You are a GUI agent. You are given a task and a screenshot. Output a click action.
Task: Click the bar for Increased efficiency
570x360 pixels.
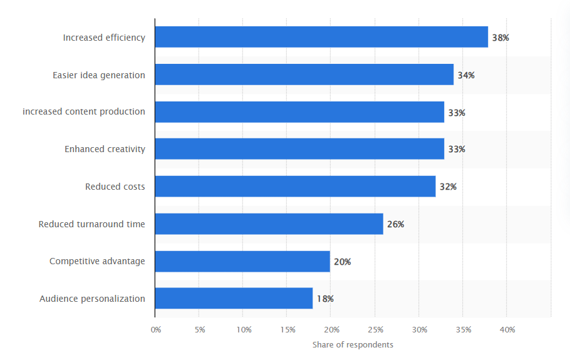point(321,37)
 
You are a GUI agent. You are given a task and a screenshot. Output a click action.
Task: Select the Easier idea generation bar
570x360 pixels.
point(304,75)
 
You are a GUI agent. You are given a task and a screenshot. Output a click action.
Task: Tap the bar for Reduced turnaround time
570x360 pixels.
point(269,224)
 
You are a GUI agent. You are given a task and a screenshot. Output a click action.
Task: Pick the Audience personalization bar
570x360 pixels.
point(233,298)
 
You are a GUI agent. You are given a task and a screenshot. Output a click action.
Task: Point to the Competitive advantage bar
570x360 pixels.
point(242,261)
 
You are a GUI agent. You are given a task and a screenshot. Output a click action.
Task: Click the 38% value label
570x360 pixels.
point(500,38)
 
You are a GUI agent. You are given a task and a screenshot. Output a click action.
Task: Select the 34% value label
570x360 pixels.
point(466,75)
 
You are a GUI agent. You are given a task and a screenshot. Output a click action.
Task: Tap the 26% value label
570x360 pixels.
point(395,224)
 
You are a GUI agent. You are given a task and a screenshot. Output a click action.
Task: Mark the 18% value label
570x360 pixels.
point(325,299)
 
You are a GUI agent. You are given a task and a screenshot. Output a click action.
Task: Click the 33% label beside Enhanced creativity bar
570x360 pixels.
point(457,150)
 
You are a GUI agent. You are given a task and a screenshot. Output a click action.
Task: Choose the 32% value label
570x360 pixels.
point(448,187)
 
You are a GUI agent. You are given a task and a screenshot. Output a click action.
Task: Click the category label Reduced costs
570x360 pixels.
point(115,187)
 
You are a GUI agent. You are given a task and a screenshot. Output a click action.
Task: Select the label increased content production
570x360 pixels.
point(84,112)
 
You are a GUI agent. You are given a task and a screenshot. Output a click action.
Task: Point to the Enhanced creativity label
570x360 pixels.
point(105,149)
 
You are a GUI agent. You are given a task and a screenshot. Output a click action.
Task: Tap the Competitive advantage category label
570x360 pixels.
point(97,261)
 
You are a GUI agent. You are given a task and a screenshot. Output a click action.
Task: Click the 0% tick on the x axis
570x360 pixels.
point(156,329)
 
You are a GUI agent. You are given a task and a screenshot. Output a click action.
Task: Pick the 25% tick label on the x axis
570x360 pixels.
point(375,329)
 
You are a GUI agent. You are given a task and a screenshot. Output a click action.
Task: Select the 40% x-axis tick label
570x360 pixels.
point(507,329)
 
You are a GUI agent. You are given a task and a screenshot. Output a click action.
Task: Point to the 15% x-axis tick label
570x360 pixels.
point(288,329)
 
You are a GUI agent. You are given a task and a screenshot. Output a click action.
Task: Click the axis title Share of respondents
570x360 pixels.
point(353,345)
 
